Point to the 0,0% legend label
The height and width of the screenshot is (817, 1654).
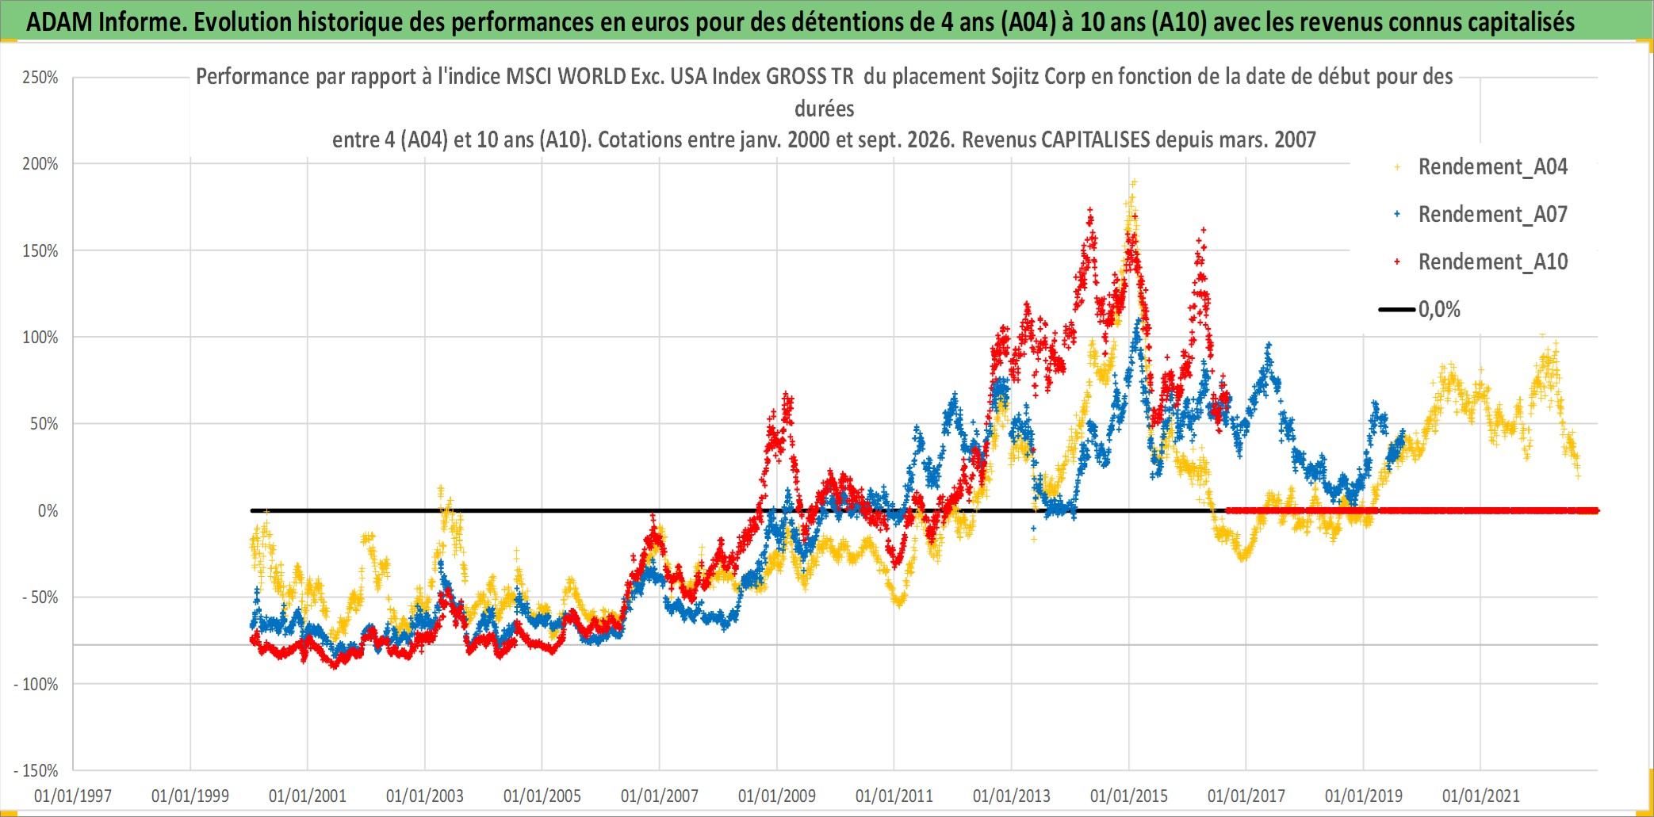tap(1439, 310)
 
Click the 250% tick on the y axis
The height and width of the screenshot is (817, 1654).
tap(40, 78)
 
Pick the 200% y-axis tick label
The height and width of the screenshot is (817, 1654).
tap(40, 164)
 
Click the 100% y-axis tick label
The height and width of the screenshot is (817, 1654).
tap(40, 338)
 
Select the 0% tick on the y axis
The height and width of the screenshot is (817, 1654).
tap(48, 511)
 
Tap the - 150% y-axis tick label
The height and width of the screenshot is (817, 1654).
tap(36, 771)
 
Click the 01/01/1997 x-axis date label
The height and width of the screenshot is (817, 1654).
tap(73, 796)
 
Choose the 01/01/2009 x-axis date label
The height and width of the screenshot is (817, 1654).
tap(777, 796)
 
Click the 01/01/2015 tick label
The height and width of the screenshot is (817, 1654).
tap(1129, 796)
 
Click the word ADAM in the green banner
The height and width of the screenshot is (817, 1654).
tap(59, 22)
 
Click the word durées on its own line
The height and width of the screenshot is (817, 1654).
tap(825, 109)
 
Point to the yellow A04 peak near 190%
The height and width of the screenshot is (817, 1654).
tap(1134, 182)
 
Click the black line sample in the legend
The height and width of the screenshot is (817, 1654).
tap(1397, 310)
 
